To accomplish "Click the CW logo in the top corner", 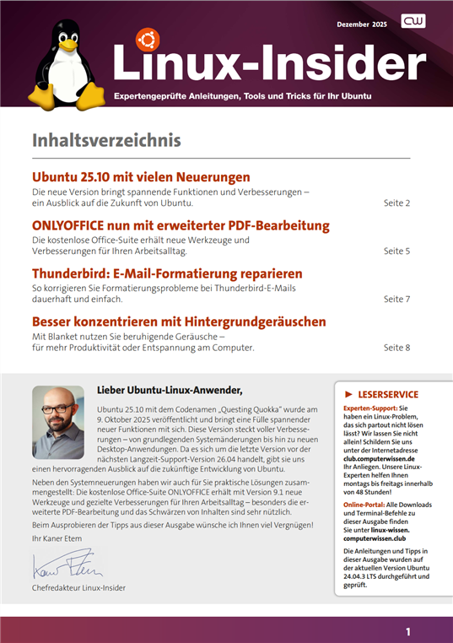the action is pos(413,22).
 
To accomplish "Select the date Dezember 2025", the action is pos(362,25).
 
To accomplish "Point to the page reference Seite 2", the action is pos(396,203).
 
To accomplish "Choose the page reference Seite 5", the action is pos(396,251).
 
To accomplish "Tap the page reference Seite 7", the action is pos(396,299).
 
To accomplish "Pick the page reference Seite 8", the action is pos(396,347).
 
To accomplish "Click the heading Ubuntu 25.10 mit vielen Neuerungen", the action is pos(141,178).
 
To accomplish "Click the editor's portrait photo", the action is pos(57,422).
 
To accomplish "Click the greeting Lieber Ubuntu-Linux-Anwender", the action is pos(170,390).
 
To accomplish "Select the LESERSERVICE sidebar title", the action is pos(388,394).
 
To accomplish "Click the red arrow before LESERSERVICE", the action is pos(348,394).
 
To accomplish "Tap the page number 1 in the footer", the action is pos(408,630).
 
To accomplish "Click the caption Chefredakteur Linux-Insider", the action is pos(84,587).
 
